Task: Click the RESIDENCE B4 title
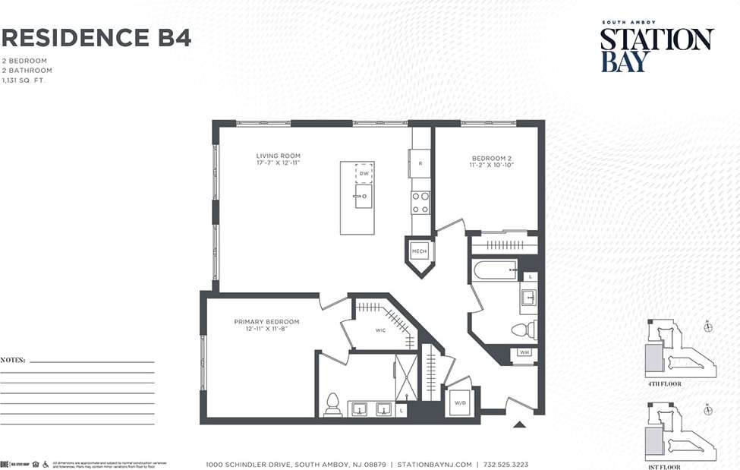[x=96, y=37]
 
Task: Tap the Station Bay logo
[x=657, y=49]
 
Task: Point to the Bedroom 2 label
[x=493, y=161]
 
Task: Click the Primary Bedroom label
[x=266, y=325]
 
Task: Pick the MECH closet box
[x=419, y=251]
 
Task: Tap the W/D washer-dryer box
[x=460, y=402]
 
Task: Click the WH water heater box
[x=524, y=352]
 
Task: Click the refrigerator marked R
[x=420, y=163]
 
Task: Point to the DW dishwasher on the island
[x=364, y=173]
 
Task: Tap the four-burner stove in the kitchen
[x=420, y=202]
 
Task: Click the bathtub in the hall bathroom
[x=494, y=270]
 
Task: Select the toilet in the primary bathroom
[x=332, y=405]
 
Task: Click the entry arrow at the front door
[x=519, y=424]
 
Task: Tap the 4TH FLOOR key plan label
[x=664, y=384]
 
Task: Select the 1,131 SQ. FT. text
[x=24, y=80]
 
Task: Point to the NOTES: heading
[x=13, y=359]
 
